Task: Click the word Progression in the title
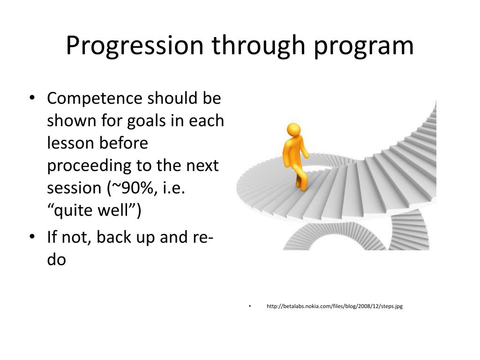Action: (135, 45)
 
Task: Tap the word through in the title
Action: (258, 45)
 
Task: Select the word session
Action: (74, 188)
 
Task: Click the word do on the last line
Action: (57, 259)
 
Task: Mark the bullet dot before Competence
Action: (32, 98)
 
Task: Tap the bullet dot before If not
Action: (32, 237)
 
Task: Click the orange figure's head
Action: (294, 129)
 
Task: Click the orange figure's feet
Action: (302, 186)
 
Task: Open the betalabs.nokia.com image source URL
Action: (335, 306)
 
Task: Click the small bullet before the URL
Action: (250, 306)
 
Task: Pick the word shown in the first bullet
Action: (72, 120)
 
